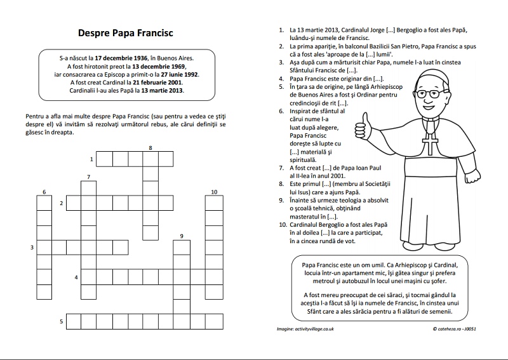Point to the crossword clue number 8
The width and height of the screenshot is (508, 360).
point(150,148)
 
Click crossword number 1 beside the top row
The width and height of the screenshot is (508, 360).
point(91,159)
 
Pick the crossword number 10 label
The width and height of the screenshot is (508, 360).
point(214,192)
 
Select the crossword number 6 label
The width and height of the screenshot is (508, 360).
point(44,192)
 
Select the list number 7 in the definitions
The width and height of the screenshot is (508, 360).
point(281,168)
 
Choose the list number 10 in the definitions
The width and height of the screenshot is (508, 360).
point(283,224)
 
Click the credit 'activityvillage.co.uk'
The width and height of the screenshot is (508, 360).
point(316,329)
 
